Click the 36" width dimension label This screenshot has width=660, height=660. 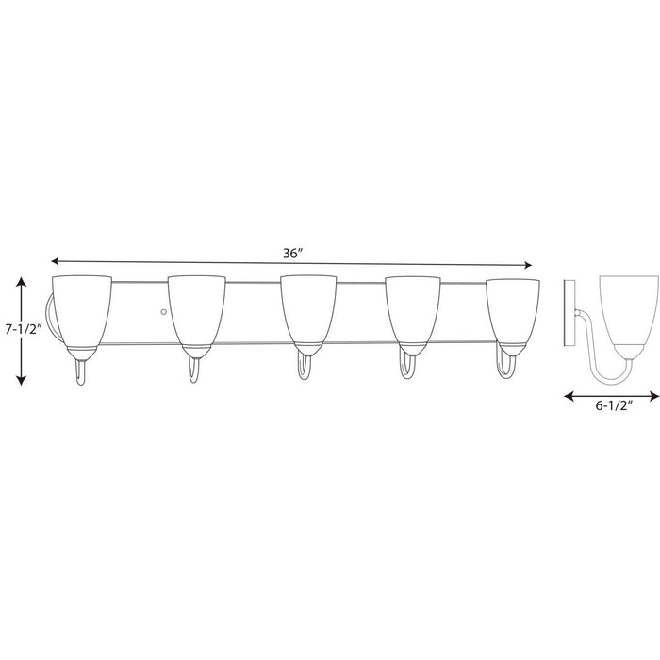pos(291,254)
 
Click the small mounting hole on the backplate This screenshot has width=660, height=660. pos(163,310)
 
